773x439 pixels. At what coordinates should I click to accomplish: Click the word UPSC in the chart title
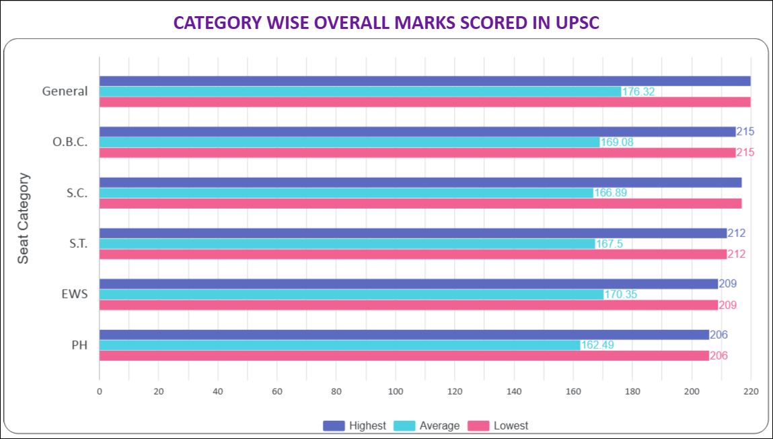coord(572,23)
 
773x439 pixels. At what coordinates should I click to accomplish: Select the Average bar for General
coord(360,92)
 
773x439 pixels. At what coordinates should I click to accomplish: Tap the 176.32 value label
coord(638,92)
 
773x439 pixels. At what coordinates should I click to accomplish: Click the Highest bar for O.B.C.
coord(417,132)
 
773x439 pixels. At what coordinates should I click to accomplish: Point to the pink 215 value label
coord(745,153)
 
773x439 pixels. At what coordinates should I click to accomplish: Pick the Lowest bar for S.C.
coord(420,203)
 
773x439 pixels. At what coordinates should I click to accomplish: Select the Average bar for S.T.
coord(347,244)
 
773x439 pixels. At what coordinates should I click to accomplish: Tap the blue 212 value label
coord(737,233)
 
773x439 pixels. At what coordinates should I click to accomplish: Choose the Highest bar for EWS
coord(408,284)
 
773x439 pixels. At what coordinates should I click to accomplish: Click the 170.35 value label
coord(621,294)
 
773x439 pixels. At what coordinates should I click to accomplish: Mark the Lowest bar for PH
coord(404,356)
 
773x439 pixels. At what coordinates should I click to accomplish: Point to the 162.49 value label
coord(597,345)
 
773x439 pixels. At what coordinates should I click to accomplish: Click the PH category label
coord(79,345)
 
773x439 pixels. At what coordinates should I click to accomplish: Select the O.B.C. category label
coord(70,142)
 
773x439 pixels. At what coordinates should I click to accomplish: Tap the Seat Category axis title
coord(24,218)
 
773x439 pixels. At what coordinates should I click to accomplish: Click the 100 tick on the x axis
coord(396,391)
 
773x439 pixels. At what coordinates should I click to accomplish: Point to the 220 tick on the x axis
coord(751,391)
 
